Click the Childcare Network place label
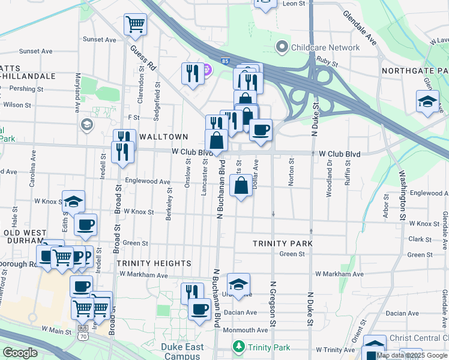pos(325,47)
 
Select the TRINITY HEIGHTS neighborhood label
pos(154,263)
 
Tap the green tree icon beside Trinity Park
pos(239,347)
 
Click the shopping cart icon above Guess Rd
pos(135,25)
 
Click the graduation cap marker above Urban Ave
pos(238,284)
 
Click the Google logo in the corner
pos(20,353)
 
